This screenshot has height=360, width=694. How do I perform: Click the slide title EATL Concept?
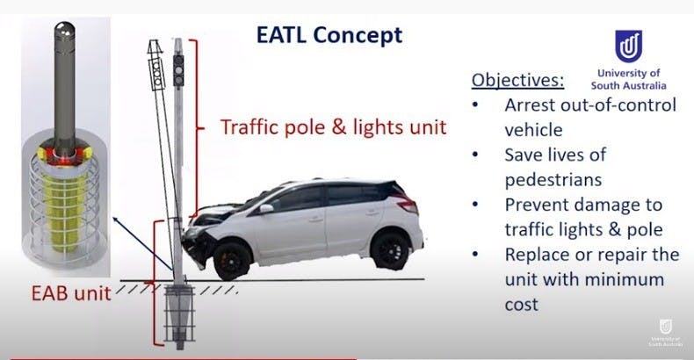(329, 35)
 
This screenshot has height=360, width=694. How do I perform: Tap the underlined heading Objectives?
(517, 80)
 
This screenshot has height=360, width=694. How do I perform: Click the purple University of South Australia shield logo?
(628, 47)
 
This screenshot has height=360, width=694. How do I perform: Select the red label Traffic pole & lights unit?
(333, 127)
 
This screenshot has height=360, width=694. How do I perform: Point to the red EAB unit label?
(71, 293)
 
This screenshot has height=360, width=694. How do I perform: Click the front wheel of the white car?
(232, 261)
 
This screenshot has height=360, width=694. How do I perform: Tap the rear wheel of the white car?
(390, 251)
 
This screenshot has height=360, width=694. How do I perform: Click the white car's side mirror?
(266, 208)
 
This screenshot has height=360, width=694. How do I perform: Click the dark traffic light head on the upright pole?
(178, 71)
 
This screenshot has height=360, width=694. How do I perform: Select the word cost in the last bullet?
(522, 305)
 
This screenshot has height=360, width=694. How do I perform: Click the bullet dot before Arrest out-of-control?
(475, 104)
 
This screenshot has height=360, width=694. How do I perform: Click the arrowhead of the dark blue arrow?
(115, 219)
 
